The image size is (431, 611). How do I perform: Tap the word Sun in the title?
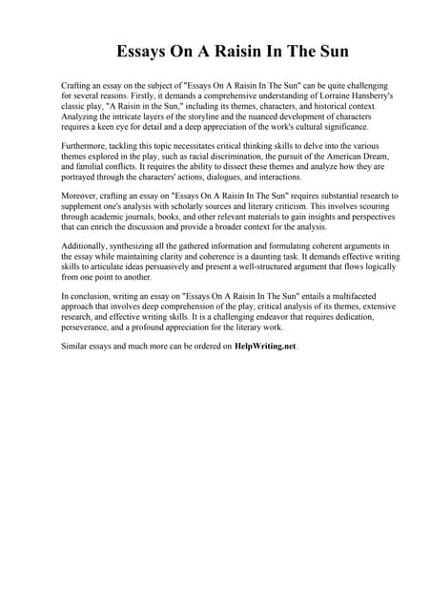(297, 51)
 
